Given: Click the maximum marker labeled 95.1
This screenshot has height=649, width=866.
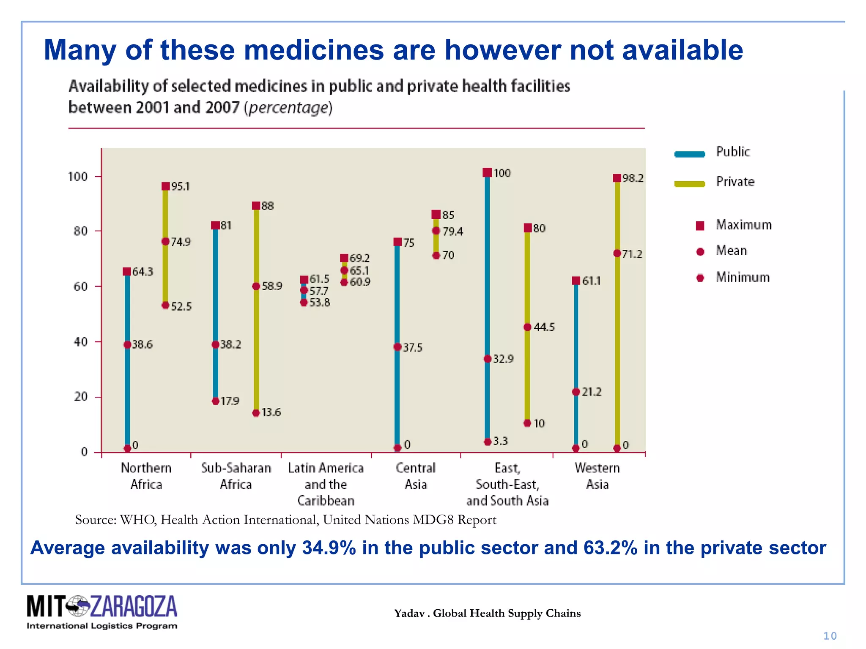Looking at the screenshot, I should (165, 186).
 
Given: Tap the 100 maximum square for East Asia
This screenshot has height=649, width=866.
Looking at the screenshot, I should (487, 172).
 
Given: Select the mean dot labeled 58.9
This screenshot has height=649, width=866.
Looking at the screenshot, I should (256, 286).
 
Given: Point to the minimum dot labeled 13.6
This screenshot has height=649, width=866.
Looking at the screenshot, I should (256, 413).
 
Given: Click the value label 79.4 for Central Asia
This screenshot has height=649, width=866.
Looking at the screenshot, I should (453, 232).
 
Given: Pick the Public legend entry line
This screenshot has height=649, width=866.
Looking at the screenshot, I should (690, 154).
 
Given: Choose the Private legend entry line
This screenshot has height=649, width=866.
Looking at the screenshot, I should (690, 184).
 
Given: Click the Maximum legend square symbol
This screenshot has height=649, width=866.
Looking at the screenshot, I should (700, 226).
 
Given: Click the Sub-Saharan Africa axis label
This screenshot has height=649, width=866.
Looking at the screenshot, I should (236, 476).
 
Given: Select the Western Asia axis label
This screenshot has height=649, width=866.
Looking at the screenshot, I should (597, 476).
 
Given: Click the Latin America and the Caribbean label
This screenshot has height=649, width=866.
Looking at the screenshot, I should (326, 484).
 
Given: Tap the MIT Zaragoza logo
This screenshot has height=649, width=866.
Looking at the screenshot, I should (102, 612).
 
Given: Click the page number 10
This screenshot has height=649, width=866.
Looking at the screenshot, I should (830, 636).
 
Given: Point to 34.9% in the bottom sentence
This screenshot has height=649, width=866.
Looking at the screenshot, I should (329, 548).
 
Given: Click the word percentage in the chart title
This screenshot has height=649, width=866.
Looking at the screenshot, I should (288, 108).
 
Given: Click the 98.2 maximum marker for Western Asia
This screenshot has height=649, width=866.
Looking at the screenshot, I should (617, 178).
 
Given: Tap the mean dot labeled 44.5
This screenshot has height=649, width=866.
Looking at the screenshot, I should (527, 327).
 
